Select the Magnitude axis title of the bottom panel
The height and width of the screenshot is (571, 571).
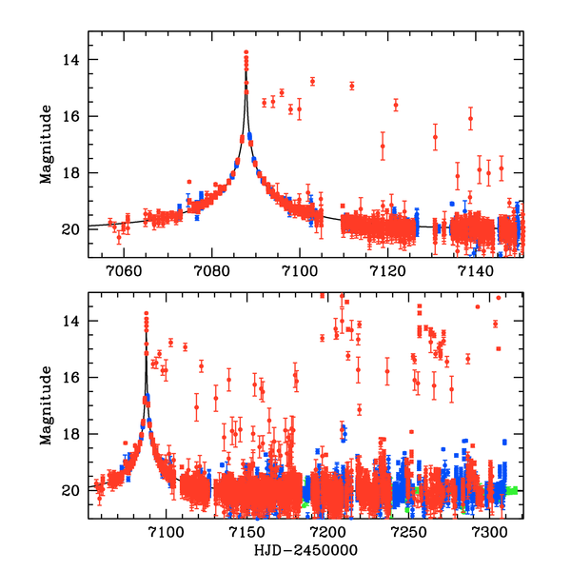tap(46, 406)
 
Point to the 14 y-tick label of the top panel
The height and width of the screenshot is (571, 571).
tap(72, 60)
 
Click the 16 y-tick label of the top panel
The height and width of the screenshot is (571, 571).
tap(72, 116)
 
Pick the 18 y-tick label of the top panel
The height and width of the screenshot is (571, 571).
tap(72, 172)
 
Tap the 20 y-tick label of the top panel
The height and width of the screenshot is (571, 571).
tap(72, 228)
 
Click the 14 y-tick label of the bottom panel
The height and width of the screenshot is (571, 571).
tap(72, 322)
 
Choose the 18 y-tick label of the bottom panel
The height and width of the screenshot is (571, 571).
tap(72, 434)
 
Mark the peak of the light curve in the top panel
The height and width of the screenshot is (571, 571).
tap(246, 52)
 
